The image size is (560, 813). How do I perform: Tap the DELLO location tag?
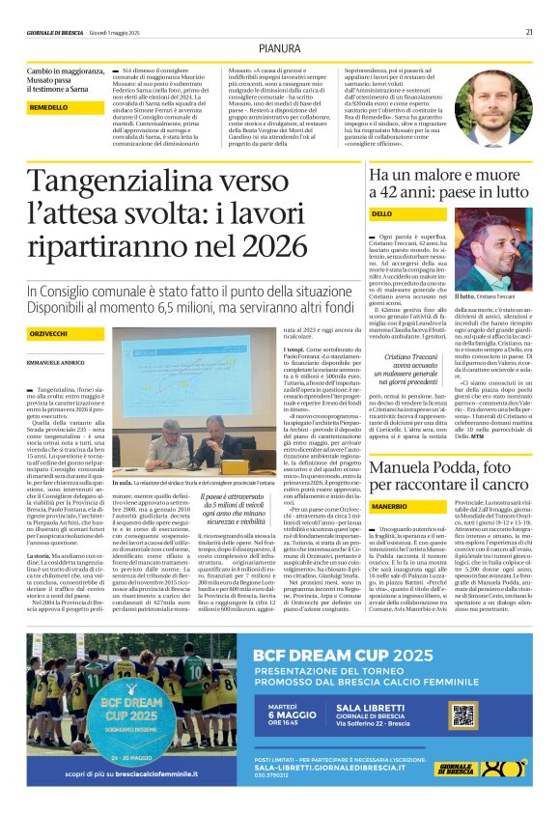coord(409,212)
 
